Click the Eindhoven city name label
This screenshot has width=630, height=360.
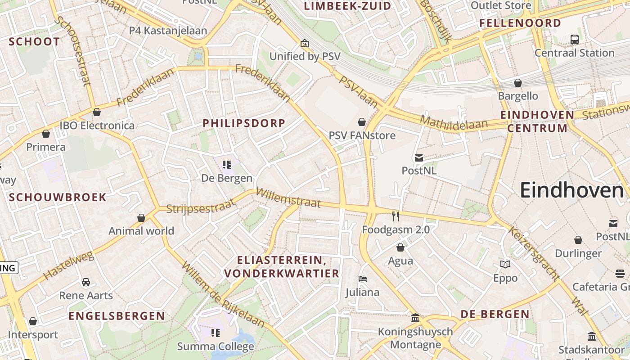[x=571, y=191]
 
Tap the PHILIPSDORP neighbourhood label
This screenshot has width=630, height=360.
[x=244, y=123]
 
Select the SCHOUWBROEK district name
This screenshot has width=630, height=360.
[x=58, y=197]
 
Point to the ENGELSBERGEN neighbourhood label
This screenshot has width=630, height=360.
[x=117, y=316]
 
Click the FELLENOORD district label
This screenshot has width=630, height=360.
[x=520, y=23]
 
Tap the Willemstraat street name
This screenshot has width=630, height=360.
[x=288, y=198]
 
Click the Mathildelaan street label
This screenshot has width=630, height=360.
[x=454, y=121]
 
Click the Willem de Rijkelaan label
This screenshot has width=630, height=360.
[x=223, y=294]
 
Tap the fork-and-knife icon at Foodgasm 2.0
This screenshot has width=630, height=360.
[x=396, y=216]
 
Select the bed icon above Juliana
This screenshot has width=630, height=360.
[x=363, y=279]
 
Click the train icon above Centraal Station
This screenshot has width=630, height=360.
[x=575, y=40]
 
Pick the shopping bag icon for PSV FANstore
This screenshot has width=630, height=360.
[x=362, y=122]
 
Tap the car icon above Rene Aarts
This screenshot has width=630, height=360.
[x=86, y=282]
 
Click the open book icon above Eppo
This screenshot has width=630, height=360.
[x=505, y=265]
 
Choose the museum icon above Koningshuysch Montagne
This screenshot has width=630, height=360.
[x=415, y=318]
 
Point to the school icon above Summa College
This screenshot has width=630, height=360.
[x=216, y=333]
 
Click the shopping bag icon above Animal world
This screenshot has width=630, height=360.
[x=141, y=218]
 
